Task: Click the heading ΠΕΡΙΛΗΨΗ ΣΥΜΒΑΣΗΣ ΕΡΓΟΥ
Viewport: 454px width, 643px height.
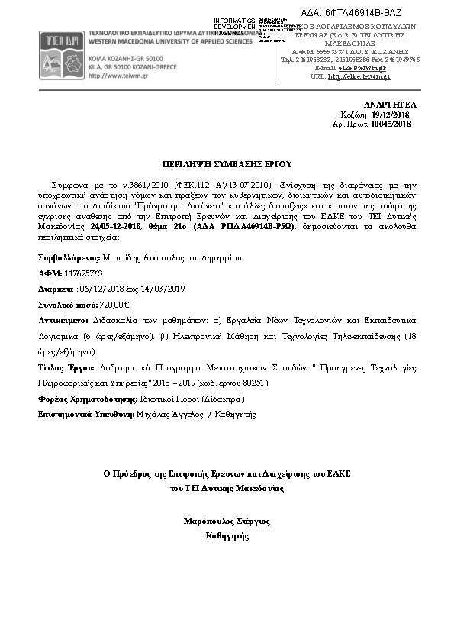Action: (227, 163)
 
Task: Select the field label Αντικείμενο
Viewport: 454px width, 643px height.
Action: (63, 321)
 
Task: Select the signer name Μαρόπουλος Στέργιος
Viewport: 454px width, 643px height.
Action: (227, 522)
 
